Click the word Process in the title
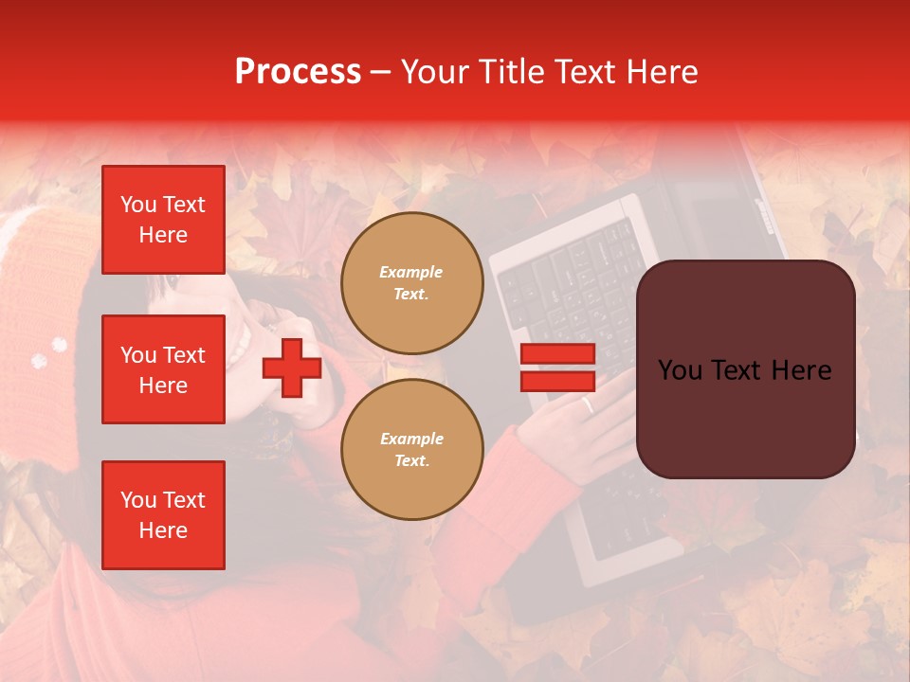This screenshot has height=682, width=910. [x=298, y=71]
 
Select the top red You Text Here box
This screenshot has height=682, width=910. [x=163, y=220]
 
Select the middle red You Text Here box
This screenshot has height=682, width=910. [x=163, y=369]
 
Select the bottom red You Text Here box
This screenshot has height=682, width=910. [x=163, y=514]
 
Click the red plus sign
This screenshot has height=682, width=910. [x=292, y=368]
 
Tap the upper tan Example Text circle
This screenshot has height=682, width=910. [x=412, y=282]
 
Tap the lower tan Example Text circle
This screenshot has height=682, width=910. [x=412, y=449]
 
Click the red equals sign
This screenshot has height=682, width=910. [x=557, y=368]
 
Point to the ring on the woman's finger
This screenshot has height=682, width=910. [x=588, y=405]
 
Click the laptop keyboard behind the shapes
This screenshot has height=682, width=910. [x=569, y=284]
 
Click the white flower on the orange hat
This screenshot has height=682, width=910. [x=40, y=360]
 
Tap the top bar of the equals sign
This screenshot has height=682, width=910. [x=557, y=354]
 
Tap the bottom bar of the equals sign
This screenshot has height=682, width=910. [x=557, y=381]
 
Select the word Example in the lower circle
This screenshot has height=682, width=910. [x=411, y=439]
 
